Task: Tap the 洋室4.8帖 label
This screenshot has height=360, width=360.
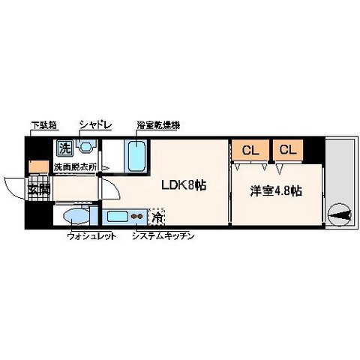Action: coord(275,190)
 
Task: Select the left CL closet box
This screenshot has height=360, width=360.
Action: coord(250,149)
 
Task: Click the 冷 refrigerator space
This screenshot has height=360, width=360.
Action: coord(157,217)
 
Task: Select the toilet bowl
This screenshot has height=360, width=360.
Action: coord(77,217)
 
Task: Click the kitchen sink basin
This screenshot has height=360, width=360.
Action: coord(118,218)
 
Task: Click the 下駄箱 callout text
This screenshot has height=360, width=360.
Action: coord(43,126)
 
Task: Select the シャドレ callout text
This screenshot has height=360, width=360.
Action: coord(95,126)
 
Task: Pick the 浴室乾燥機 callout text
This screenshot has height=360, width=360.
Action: coord(157,126)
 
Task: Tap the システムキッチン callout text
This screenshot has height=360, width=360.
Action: coord(163,237)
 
